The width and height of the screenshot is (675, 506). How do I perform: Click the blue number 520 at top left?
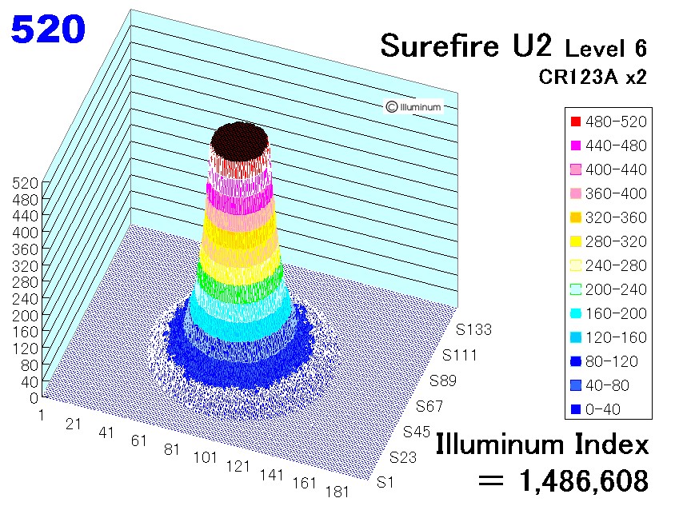pos(48,29)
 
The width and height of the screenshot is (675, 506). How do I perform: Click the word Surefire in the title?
pos(440,46)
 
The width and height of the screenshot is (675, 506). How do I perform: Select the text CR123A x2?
pos(593,77)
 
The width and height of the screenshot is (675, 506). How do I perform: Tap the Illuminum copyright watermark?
pos(413,106)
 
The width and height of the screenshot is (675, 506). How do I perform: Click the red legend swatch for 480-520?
pos(576,122)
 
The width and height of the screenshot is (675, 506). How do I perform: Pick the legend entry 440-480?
pos(609,145)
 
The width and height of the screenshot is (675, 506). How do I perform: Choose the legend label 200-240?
pos(616,289)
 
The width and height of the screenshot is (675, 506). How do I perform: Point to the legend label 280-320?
pos(616,241)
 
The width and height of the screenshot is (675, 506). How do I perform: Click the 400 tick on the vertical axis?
pos(25,233)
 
